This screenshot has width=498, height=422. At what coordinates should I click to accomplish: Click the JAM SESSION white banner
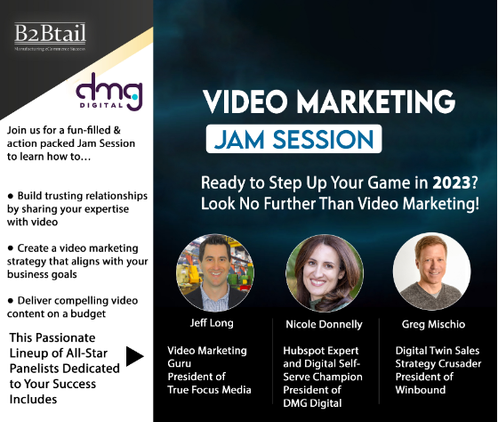(295, 140)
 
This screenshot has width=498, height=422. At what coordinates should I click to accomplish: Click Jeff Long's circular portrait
(215, 272)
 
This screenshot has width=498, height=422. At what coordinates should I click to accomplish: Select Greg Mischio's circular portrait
(430, 272)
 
